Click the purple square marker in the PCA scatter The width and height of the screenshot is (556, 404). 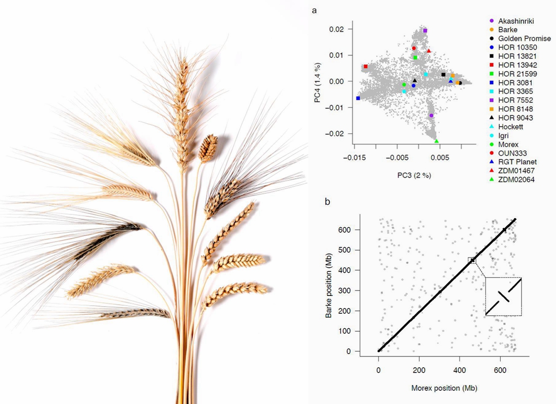tap(425, 31)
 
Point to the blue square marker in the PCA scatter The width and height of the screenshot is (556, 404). tap(358, 98)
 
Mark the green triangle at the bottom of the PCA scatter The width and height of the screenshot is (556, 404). tap(437, 141)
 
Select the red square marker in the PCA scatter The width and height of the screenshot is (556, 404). tap(365, 66)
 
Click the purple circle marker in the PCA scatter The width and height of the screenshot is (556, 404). tap(431, 115)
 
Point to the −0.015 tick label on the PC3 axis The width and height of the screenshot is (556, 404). tap(354, 157)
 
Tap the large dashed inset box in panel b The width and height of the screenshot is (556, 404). tap(503, 296)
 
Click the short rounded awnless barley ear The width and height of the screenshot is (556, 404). tap(208, 148)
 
